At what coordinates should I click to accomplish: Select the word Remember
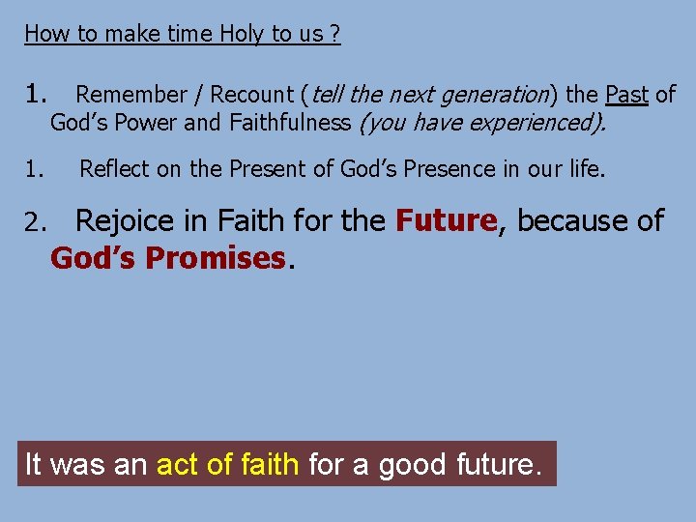click(x=131, y=95)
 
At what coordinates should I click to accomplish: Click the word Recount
click(x=250, y=95)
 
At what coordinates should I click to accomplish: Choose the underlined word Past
click(x=625, y=95)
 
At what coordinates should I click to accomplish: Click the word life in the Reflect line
click(x=586, y=169)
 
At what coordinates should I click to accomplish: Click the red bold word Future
click(x=446, y=221)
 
